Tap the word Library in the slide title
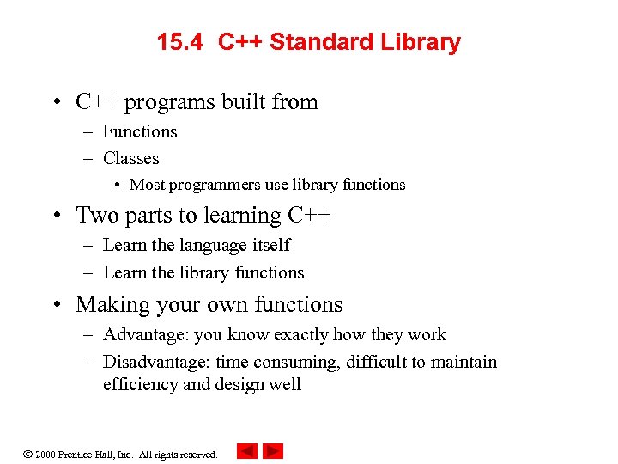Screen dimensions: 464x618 421,42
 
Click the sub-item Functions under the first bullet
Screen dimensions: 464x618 140,131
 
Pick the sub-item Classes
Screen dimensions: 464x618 130,158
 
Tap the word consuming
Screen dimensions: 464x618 296,362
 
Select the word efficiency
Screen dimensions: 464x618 140,384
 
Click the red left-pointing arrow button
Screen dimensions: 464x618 247,451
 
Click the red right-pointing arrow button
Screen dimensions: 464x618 273,451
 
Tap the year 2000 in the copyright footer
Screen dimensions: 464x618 45,454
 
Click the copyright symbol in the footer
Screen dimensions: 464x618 28,453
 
